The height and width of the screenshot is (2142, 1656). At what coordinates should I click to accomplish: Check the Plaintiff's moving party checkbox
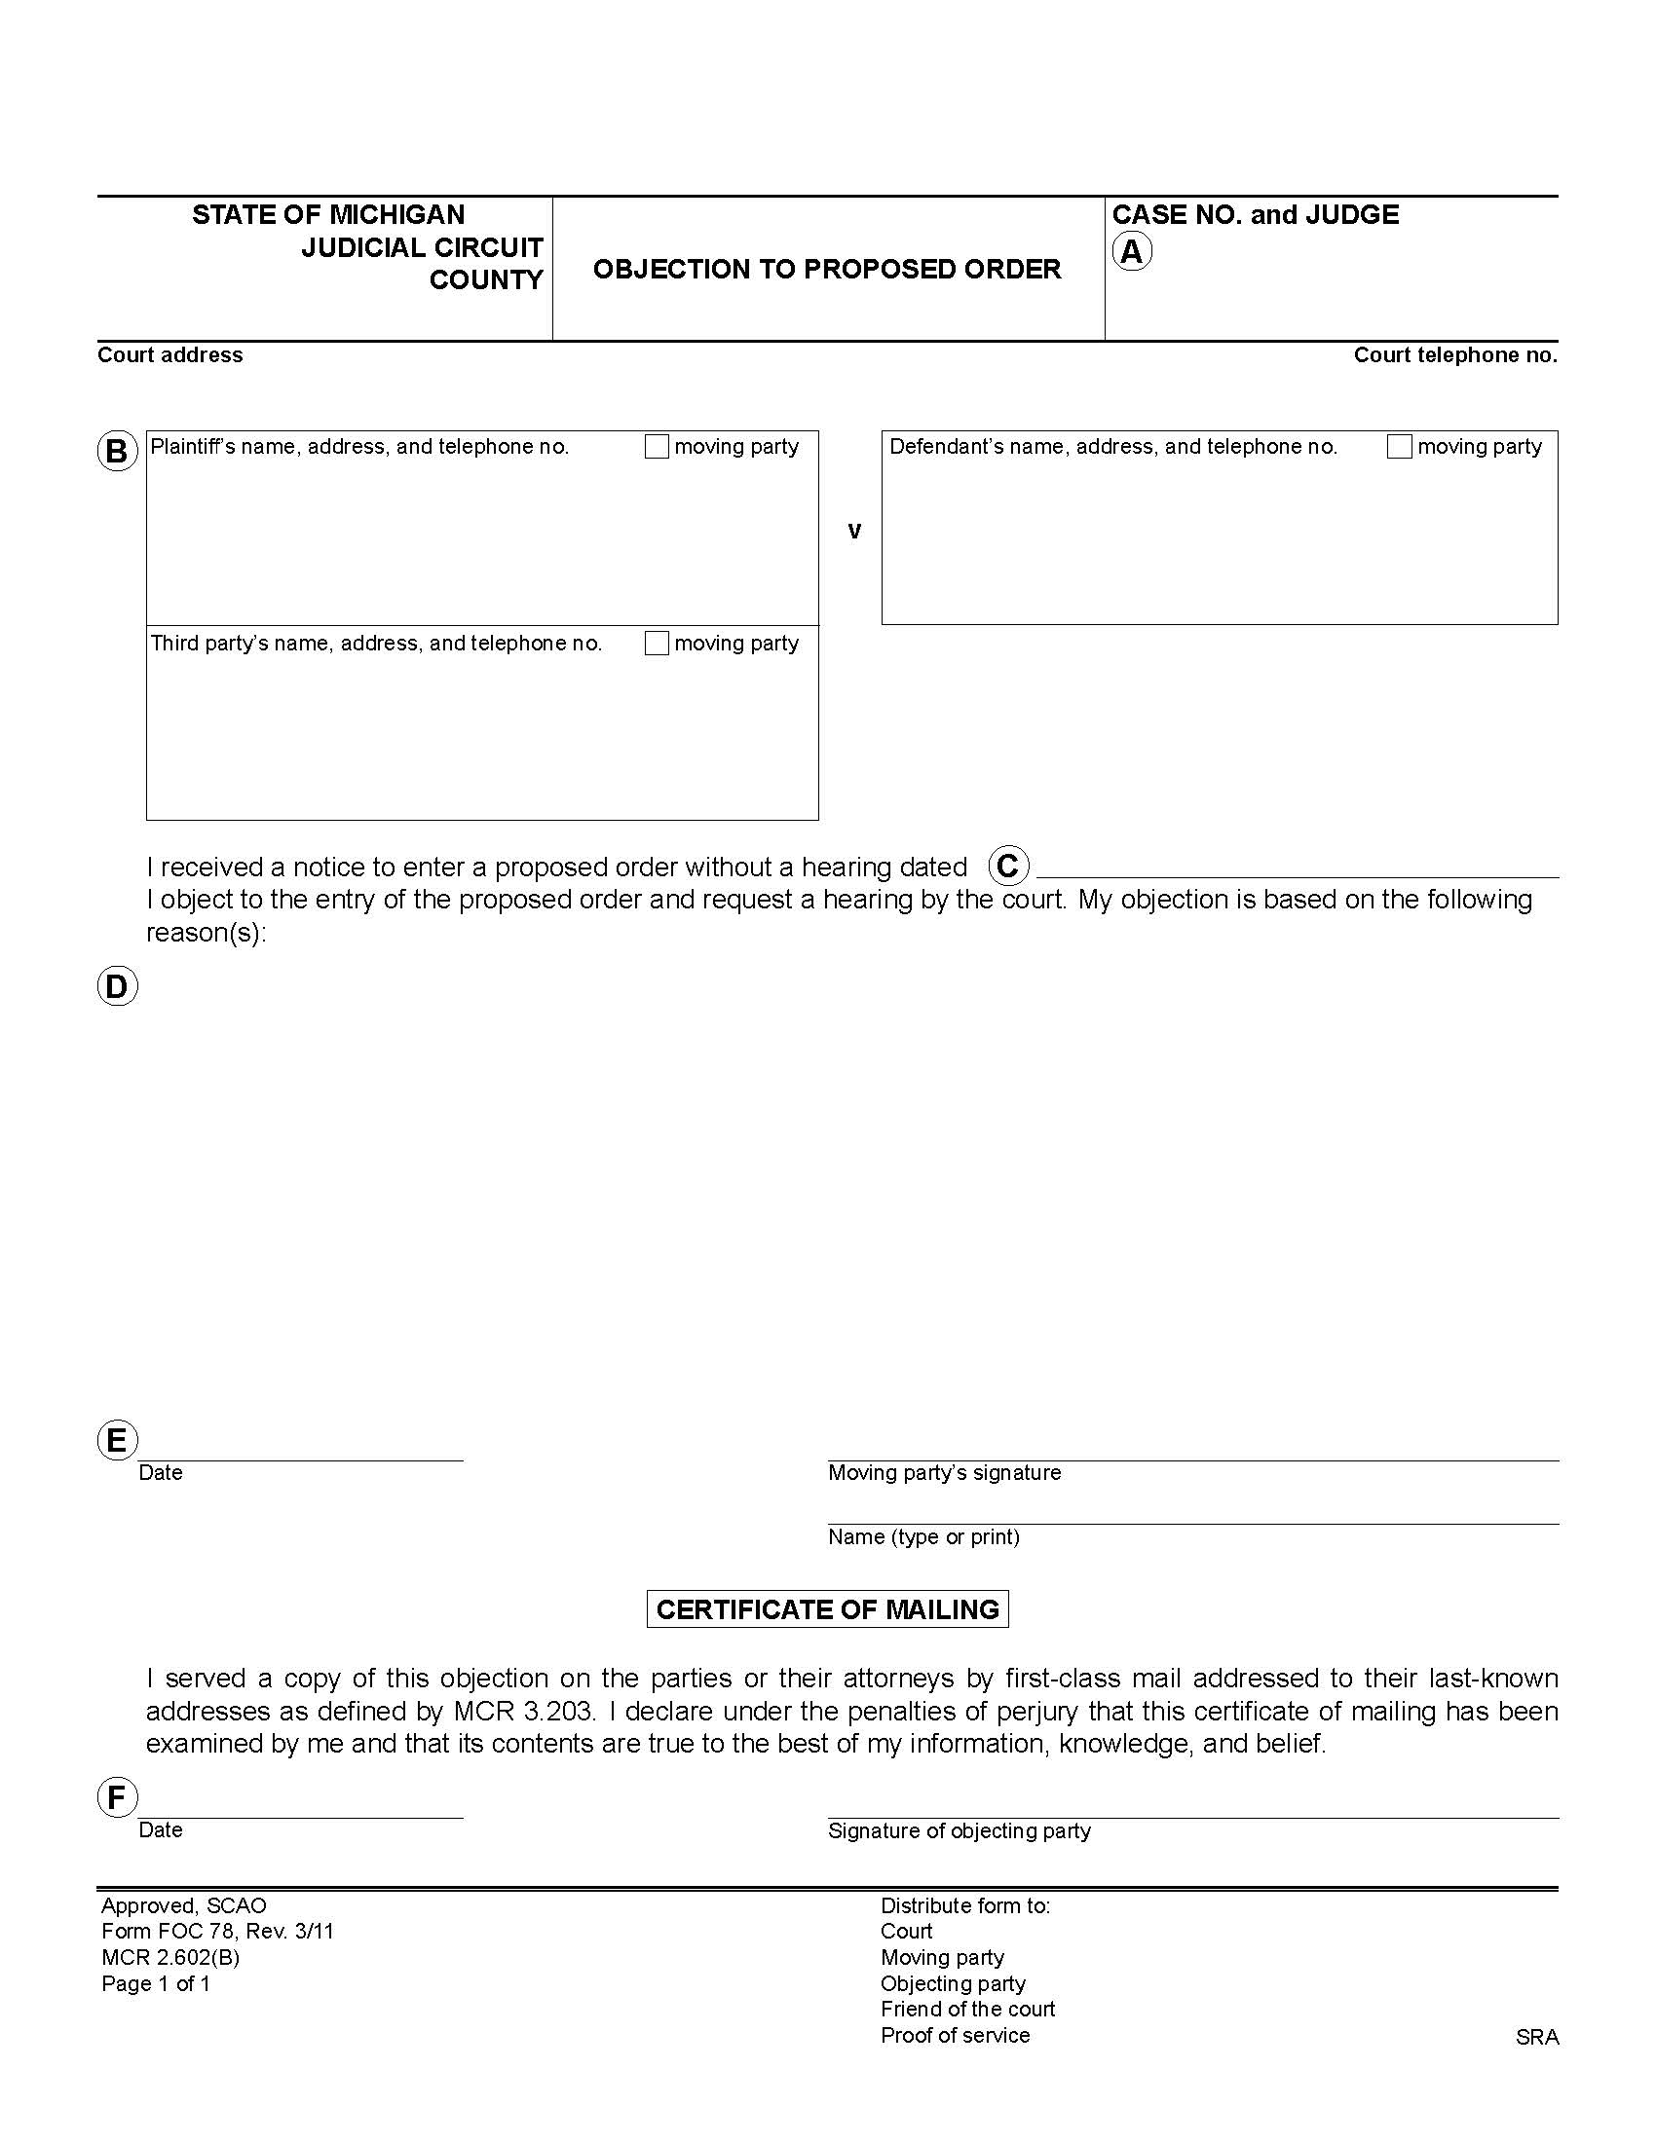(657, 447)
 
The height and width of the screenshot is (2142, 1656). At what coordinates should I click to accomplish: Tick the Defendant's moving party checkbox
(1399, 447)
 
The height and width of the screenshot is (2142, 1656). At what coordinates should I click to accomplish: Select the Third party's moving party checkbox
(657, 644)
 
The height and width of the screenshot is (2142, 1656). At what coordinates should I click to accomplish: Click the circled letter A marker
(1131, 252)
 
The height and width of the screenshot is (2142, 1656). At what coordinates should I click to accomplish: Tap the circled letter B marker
(117, 452)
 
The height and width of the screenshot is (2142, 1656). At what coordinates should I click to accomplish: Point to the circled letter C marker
(1007, 866)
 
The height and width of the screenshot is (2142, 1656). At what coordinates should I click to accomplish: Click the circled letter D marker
(117, 986)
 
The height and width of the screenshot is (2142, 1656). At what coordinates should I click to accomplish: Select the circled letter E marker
(117, 1441)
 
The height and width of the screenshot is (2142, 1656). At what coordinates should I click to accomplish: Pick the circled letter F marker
(117, 1797)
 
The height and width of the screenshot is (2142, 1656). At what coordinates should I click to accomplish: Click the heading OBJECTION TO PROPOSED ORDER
(827, 270)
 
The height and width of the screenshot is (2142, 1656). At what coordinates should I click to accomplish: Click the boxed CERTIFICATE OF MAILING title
(827, 1609)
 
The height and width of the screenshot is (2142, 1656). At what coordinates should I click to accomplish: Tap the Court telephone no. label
(1455, 355)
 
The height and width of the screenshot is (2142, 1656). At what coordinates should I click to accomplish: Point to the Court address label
(169, 355)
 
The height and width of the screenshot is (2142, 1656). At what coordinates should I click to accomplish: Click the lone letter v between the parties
(853, 531)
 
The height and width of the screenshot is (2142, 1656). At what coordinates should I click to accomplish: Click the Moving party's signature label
(944, 1473)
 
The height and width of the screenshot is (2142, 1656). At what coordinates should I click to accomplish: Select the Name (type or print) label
(923, 1536)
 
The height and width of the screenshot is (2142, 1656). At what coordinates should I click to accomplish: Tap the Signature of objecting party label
(959, 1831)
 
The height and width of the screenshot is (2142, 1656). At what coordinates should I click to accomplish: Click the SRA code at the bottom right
(1536, 2038)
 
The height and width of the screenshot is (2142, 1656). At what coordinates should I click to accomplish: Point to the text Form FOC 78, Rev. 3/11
(217, 1932)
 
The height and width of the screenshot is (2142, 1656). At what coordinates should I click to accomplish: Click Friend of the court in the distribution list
(967, 2010)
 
